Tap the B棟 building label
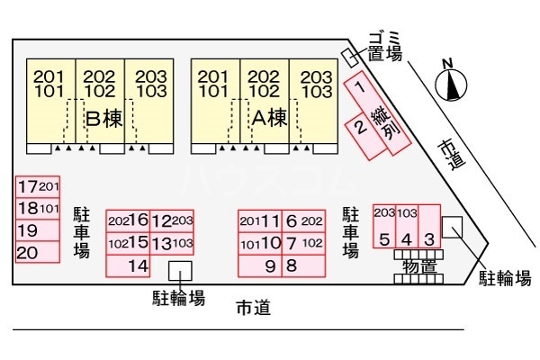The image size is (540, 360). [x=104, y=119]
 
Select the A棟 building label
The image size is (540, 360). [x=269, y=118]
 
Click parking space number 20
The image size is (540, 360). [x=38, y=252]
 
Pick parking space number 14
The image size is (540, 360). [x=128, y=266]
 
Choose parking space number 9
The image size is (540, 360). [x=260, y=266]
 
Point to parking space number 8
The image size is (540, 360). [x=303, y=266]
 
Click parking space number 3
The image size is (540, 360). [x=429, y=226]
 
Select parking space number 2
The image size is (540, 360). [x=365, y=137]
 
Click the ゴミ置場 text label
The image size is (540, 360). [x=385, y=47]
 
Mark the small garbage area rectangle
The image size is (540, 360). [x=350, y=58]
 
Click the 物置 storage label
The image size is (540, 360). [x=419, y=267]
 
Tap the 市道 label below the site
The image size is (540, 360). [x=253, y=308]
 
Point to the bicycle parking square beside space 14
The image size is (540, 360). [x=180, y=271]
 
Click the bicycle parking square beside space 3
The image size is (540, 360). [x=452, y=227]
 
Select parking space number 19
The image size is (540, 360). [x=38, y=230]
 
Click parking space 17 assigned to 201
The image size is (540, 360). [x=38, y=187]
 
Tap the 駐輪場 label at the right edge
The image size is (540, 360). [x=505, y=278]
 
